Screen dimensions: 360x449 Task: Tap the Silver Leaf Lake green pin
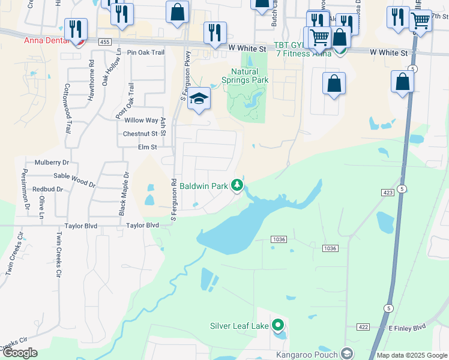click(277, 326)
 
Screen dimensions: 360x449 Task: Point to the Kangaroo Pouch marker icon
click(345, 353)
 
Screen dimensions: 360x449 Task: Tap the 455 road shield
click(105, 42)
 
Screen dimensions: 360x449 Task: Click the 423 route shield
click(387, 192)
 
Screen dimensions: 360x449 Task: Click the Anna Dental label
click(46, 41)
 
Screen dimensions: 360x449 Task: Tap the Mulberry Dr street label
click(52, 163)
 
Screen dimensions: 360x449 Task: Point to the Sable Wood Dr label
click(74, 179)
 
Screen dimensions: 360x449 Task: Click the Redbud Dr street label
click(48, 189)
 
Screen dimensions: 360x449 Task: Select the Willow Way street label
click(141, 121)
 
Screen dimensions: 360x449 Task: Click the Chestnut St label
click(140, 134)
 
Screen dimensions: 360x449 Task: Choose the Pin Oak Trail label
click(142, 52)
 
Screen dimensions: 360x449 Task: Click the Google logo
click(20, 353)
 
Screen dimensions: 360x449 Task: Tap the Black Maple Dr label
click(124, 194)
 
